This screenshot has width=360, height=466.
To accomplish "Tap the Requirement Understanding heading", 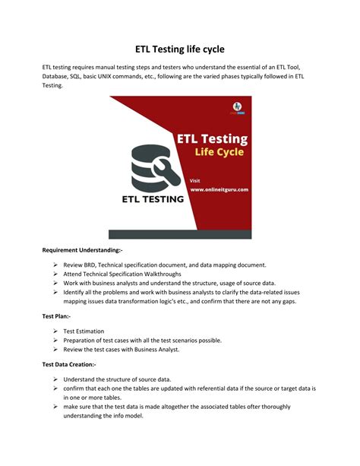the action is point(83,249).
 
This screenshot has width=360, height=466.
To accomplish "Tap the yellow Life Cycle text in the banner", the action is point(219,152).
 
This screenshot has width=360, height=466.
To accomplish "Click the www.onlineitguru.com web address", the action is point(219,189).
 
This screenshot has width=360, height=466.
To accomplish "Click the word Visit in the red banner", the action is point(196,180).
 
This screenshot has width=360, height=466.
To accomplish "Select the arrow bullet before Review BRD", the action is point(57,265).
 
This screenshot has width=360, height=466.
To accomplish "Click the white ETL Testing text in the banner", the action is point(212,138).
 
